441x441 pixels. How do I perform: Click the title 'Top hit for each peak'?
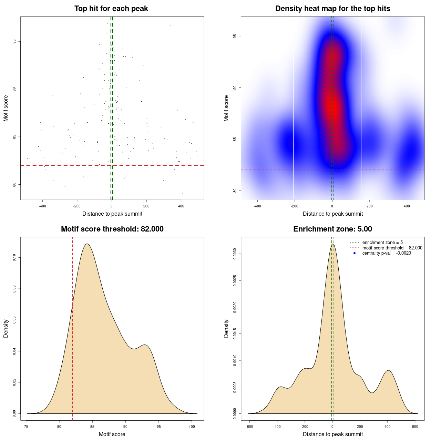click(x=111, y=9)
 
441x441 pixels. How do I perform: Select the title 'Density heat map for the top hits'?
click(x=332, y=9)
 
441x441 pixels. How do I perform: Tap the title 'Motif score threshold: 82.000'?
click(x=112, y=229)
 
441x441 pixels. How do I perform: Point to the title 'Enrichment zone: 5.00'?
click(x=332, y=229)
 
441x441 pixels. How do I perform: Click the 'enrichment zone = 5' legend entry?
click(x=382, y=243)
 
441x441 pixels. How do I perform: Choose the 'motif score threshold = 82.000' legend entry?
click(x=392, y=248)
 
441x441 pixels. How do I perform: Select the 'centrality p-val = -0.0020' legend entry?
click(x=387, y=253)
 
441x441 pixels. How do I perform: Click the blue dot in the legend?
click(x=355, y=253)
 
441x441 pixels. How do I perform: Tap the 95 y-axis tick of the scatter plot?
click(x=14, y=42)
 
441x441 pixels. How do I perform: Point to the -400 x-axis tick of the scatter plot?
click(x=42, y=206)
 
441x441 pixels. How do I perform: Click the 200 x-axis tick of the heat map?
click(x=369, y=206)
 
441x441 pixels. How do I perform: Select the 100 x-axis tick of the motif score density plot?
click(x=192, y=427)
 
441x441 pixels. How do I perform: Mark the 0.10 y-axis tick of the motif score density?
click(x=14, y=258)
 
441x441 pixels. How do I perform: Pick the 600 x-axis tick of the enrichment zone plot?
click(x=415, y=427)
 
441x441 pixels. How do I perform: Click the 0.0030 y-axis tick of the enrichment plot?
click(x=235, y=254)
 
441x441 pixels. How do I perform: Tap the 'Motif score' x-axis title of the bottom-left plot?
click(x=112, y=434)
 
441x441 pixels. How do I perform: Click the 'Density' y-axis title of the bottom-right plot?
click(x=226, y=328)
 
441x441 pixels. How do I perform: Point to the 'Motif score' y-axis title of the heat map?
click(x=226, y=108)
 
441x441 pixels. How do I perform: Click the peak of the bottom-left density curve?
click(x=87, y=244)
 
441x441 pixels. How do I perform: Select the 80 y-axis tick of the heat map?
click(x=235, y=191)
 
